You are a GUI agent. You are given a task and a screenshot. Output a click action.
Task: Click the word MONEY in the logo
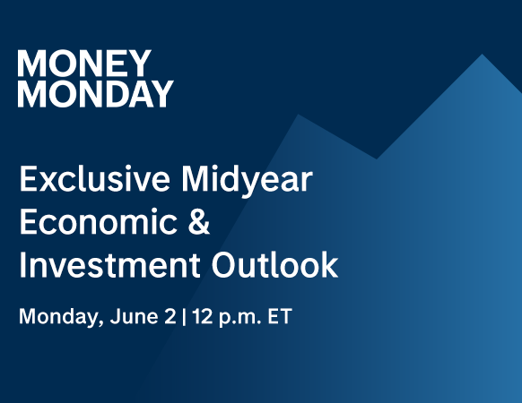click(x=84, y=64)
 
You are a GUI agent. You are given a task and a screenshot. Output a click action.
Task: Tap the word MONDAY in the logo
click(x=96, y=93)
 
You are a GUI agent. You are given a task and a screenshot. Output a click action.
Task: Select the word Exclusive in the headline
click(x=95, y=179)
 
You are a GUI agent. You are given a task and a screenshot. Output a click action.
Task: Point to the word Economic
click(x=99, y=221)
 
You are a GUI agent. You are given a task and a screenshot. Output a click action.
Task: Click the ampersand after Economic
click(x=199, y=221)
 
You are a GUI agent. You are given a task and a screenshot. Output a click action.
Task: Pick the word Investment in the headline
click(x=109, y=265)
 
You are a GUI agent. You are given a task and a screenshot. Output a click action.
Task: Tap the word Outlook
click(x=275, y=264)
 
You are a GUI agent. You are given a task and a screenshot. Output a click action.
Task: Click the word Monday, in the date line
click(x=61, y=317)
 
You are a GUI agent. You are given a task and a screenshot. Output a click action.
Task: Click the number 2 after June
click(x=170, y=316)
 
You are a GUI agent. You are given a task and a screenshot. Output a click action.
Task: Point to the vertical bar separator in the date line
click(x=184, y=317)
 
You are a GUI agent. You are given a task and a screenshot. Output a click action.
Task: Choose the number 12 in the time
click(x=203, y=316)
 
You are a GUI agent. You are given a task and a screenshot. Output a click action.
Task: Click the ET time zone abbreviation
click(x=280, y=316)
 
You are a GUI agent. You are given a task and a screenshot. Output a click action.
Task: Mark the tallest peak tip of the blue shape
click(x=482, y=54)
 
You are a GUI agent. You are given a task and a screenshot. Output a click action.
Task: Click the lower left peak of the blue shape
click(x=298, y=115)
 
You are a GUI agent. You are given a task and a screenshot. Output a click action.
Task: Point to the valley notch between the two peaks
click(x=377, y=159)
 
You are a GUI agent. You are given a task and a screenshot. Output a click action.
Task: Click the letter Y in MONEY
click(x=140, y=64)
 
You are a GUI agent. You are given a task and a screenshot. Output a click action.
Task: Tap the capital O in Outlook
click(x=224, y=265)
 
